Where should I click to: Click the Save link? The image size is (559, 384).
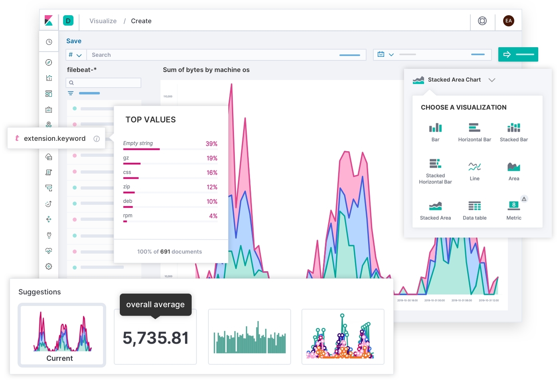tap(73, 41)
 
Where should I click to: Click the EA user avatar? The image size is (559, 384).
tap(508, 21)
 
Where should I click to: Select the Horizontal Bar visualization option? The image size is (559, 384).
tap(474, 132)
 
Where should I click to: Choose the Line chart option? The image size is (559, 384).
tap(474, 171)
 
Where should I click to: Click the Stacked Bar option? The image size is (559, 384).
tap(513, 132)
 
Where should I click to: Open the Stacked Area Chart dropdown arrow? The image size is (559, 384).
tap(492, 80)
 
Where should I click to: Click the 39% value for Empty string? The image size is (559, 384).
tap(211, 144)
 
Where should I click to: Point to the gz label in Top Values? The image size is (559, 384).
tap(126, 158)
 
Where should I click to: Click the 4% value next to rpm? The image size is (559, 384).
tap(213, 216)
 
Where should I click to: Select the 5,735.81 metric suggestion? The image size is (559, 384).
tap(155, 338)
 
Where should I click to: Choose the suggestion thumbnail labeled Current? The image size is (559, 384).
tap(62, 335)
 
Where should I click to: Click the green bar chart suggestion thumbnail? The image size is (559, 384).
tap(250, 337)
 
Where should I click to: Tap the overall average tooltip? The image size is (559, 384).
tap(155, 305)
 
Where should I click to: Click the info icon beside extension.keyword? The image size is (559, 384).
tap(97, 139)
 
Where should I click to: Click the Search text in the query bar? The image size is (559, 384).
tap(101, 55)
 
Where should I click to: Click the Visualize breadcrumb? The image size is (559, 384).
tap(103, 21)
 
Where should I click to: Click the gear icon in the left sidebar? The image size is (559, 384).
tap(49, 266)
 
